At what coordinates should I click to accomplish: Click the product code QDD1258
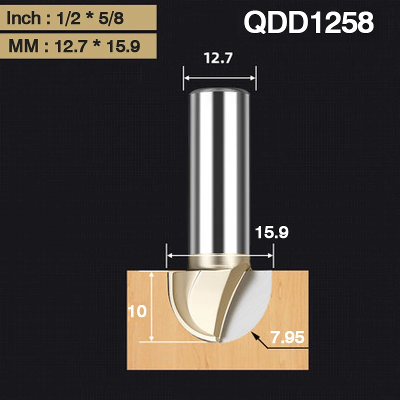pos(308,23)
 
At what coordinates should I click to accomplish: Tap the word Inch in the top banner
pos(23,19)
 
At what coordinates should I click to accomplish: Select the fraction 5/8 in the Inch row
pos(111,19)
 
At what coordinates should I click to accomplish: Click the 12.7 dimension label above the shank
pos(218,59)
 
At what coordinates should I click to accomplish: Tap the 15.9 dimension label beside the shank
pos(271,232)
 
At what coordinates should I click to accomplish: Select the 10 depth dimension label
pos(137,311)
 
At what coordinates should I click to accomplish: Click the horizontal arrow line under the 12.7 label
pos(218,77)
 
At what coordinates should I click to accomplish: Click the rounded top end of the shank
pos(218,93)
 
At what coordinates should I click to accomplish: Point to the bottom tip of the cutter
pos(219,341)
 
